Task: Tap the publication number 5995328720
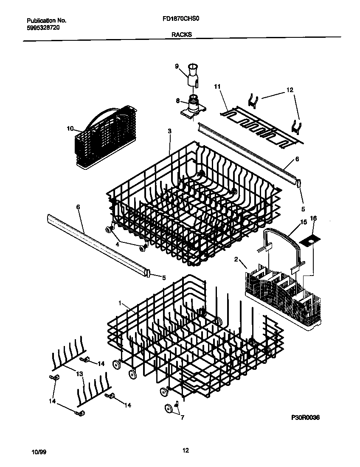(43, 27)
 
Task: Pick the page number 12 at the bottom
(185, 451)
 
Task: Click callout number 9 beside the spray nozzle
(177, 66)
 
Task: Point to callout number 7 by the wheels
(182, 418)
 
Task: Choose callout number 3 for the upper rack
(169, 131)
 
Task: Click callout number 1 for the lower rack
(120, 303)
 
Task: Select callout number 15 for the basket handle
(304, 222)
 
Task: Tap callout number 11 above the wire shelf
(217, 87)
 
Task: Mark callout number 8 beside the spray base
(178, 101)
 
